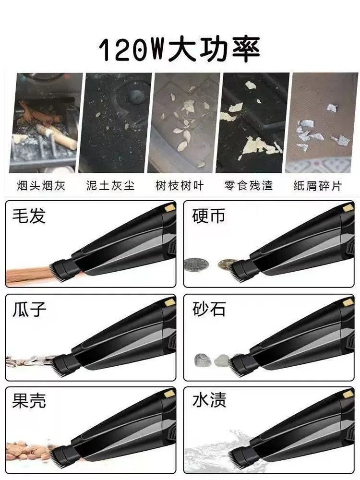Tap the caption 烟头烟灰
click(x=41, y=185)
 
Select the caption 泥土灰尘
click(x=110, y=185)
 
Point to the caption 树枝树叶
click(x=180, y=185)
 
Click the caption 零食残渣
click(x=249, y=185)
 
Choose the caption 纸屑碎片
click(x=318, y=185)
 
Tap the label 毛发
click(x=29, y=216)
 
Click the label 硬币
click(x=209, y=216)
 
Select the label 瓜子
click(x=29, y=309)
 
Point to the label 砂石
click(x=209, y=309)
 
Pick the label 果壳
click(x=29, y=400)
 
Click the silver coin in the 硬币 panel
click(x=196, y=264)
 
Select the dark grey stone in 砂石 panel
click(x=203, y=360)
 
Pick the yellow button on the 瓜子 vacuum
click(x=169, y=303)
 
